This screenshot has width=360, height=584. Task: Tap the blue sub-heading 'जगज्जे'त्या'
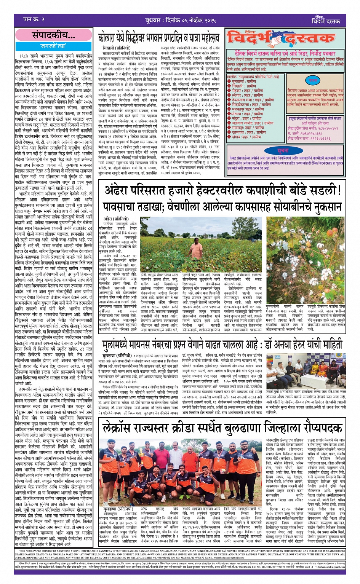coord(54,46)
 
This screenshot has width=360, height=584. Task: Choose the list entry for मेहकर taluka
coord(247,91)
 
